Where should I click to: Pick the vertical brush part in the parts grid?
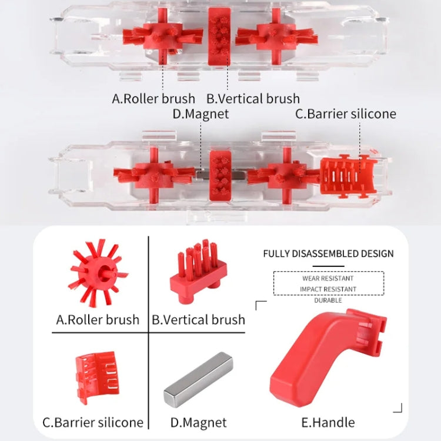(198, 273)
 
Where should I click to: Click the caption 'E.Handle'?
(328, 422)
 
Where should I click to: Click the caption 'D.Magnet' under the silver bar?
(198, 422)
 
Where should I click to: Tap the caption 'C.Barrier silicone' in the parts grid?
(93, 422)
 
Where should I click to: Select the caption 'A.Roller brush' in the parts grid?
(98, 320)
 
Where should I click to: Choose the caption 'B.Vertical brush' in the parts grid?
(198, 320)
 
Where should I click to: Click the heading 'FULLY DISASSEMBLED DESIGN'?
(328, 254)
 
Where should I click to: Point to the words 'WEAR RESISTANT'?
(328, 278)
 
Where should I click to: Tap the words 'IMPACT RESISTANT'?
(328, 289)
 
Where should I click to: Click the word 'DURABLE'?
(328, 300)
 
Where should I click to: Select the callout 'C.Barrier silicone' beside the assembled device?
(345, 114)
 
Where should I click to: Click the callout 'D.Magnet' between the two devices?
(201, 114)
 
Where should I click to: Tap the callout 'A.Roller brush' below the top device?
(153, 98)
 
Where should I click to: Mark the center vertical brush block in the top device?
(220, 36)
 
